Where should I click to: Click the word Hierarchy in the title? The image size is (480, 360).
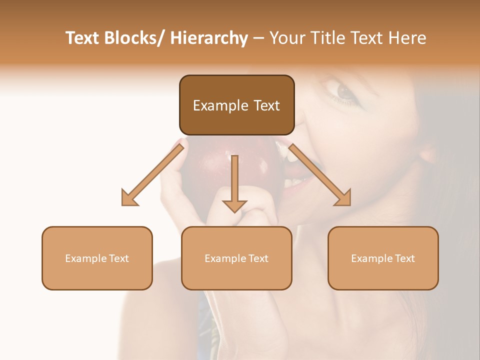tap(209, 38)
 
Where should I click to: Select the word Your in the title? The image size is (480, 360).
tap(286, 38)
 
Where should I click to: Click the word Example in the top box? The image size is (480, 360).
tap(213, 105)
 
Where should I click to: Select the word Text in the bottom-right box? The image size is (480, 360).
tap(404, 258)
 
